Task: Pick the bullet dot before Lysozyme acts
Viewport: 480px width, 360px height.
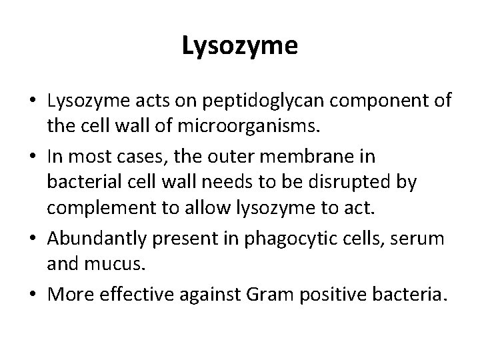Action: pyautogui.click(x=32, y=101)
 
